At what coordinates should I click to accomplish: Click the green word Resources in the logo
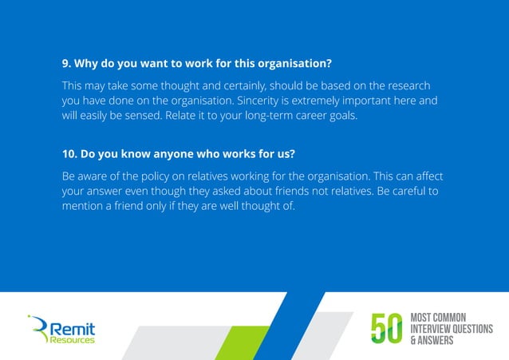(72, 339)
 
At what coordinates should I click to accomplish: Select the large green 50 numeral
(389, 328)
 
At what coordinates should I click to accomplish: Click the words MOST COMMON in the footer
(437, 317)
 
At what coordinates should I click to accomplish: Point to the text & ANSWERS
(431, 341)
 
